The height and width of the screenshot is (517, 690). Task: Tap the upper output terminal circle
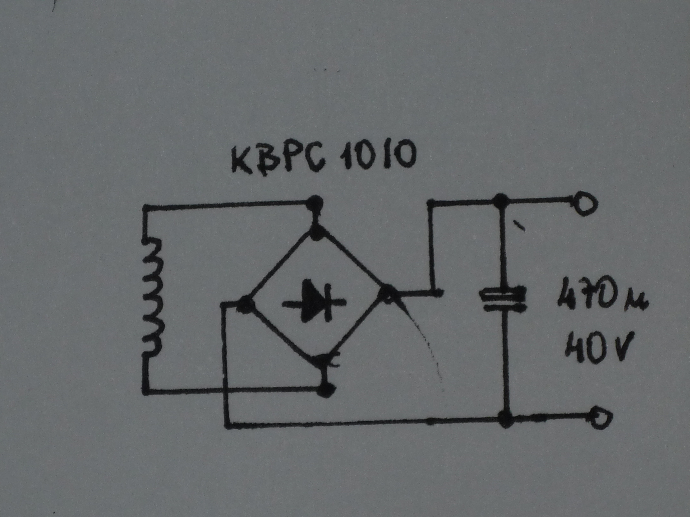[585, 204]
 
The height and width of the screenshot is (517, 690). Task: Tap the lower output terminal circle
[600, 418]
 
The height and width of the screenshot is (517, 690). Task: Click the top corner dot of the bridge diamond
[317, 232]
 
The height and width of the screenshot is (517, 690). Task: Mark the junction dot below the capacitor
[506, 419]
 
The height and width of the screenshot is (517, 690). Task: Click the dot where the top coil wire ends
[315, 204]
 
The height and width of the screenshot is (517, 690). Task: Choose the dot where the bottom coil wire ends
[326, 389]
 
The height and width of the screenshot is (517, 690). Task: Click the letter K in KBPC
[241, 160]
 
